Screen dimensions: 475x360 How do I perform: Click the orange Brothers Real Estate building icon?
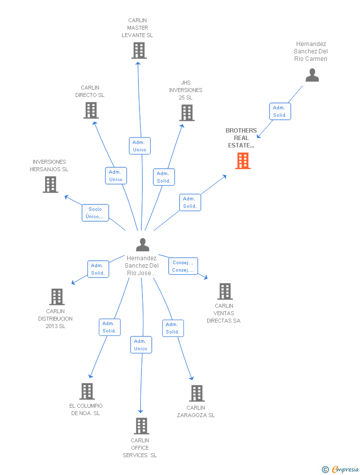click(x=243, y=161)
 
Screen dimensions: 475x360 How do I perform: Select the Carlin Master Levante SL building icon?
click(x=139, y=50)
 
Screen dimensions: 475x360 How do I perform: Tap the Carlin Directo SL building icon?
click(x=91, y=110)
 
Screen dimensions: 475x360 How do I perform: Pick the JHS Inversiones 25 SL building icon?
click(x=187, y=113)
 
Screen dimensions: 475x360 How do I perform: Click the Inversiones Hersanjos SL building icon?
click(x=50, y=185)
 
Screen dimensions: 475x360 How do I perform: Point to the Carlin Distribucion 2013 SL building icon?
click(x=57, y=297)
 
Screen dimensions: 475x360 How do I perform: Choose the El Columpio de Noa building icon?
click(x=87, y=391)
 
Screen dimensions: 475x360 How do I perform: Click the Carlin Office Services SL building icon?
click(x=141, y=426)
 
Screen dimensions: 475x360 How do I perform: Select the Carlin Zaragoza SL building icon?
click(x=197, y=393)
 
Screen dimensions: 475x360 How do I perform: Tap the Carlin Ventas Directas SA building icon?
click(x=225, y=291)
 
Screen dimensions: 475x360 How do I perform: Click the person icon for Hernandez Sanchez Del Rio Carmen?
click(x=312, y=75)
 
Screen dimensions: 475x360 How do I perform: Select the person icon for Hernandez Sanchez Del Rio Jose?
click(x=142, y=245)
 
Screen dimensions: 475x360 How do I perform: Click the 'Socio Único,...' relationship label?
click(x=95, y=213)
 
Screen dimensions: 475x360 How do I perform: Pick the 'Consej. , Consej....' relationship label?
click(x=183, y=266)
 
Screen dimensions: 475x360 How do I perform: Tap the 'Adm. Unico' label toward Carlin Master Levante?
click(x=139, y=146)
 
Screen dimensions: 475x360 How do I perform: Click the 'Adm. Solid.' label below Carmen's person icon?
click(x=279, y=111)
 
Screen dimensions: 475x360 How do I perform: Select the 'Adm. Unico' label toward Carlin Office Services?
click(x=141, y=345)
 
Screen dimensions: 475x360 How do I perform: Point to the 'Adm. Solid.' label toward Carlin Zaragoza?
click(x=173, y=328)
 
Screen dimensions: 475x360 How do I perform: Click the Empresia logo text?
click(x=345, y=469)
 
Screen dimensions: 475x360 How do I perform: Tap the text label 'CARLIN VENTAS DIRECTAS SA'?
click(x=224, y=313)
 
